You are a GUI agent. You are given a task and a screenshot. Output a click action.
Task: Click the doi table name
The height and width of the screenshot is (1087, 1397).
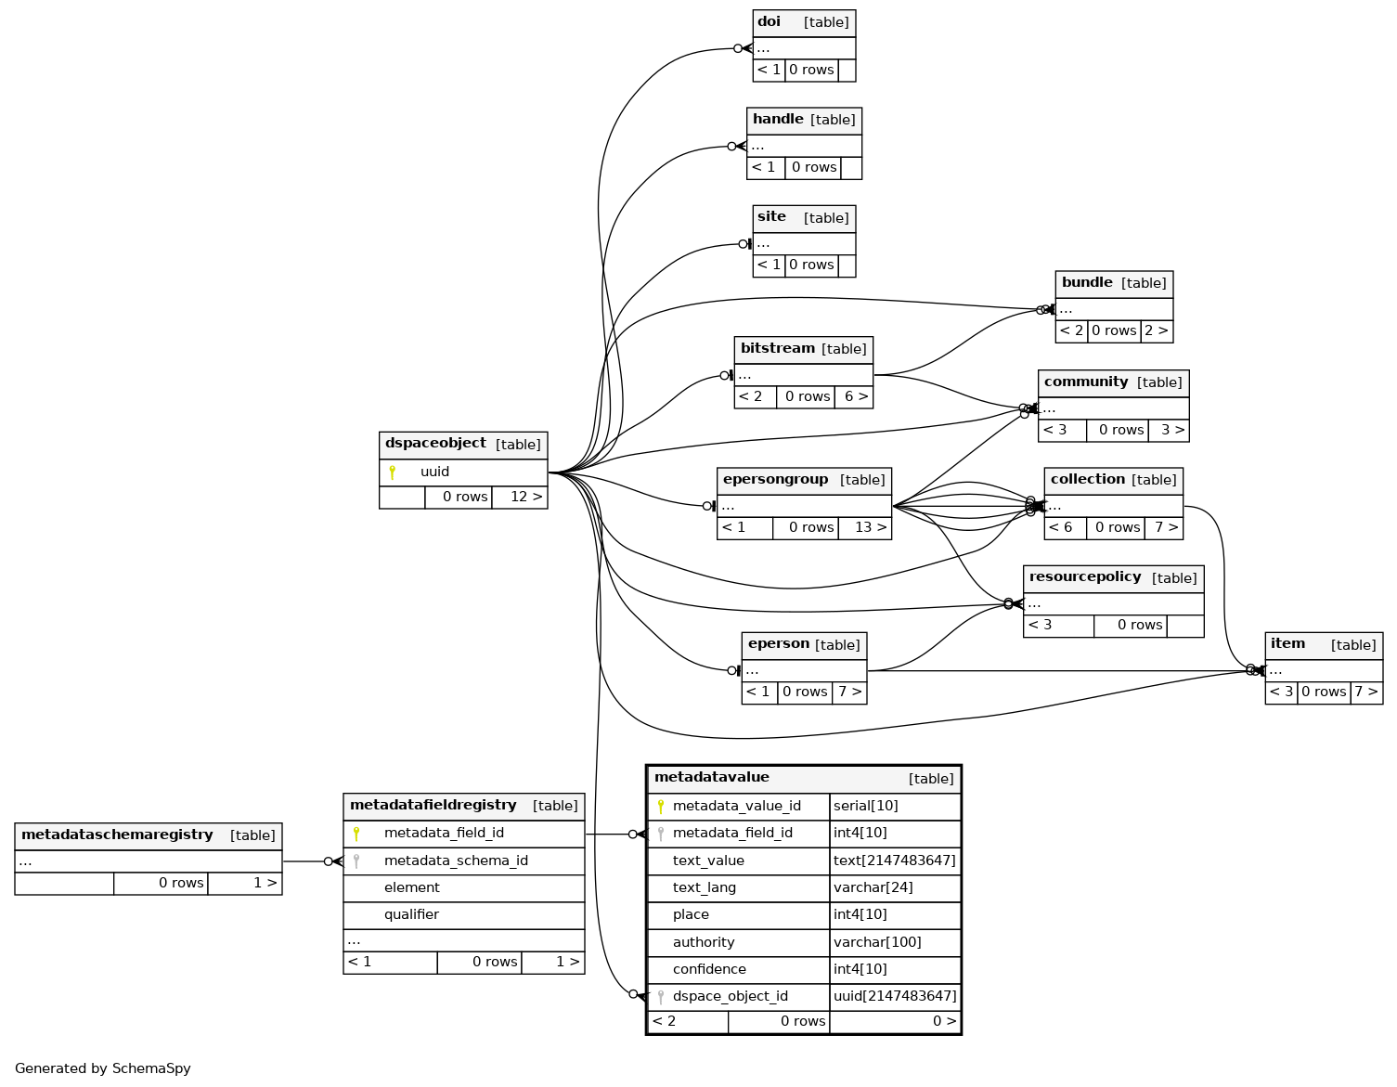pos(770,22)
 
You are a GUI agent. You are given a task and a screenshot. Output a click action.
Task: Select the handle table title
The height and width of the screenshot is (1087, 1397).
pos(778,120)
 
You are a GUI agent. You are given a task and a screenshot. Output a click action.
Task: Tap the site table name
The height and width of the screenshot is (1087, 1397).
pos(771,217)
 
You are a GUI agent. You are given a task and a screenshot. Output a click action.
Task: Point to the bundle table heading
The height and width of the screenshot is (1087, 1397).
pos(1087,283)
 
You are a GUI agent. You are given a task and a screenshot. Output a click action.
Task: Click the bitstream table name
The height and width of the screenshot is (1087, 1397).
pos(778,349)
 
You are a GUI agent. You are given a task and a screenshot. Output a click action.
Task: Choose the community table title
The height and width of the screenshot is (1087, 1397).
pos(1086,382)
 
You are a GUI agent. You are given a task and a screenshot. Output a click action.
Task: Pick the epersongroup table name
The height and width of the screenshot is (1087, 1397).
pos(775,480)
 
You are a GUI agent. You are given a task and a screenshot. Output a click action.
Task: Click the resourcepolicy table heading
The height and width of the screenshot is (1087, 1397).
pos(1085,577)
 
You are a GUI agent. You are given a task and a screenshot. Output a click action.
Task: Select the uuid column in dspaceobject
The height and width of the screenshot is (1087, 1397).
pos(434,472)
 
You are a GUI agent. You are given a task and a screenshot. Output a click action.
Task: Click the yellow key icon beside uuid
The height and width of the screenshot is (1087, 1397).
pos(392,472)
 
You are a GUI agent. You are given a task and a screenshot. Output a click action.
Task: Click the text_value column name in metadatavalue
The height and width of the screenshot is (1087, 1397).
pos(708,861)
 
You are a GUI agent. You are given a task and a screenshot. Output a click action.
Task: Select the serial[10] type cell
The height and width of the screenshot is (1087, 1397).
pos(866,807)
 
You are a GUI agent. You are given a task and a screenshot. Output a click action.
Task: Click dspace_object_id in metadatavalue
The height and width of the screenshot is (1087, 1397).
pos(730,997)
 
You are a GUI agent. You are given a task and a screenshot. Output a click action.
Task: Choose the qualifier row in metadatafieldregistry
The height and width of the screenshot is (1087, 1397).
pos(411,915)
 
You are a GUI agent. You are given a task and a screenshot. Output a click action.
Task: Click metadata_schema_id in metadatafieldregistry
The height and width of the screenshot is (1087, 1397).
pos(456,861)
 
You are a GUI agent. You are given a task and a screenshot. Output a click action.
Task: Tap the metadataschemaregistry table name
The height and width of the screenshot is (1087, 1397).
pos(117,835)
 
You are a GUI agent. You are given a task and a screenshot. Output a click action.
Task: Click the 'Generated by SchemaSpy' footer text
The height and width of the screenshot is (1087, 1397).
pos(103,1069)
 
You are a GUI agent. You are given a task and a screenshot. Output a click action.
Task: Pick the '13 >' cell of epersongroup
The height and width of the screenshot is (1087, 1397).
pos(870,528)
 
